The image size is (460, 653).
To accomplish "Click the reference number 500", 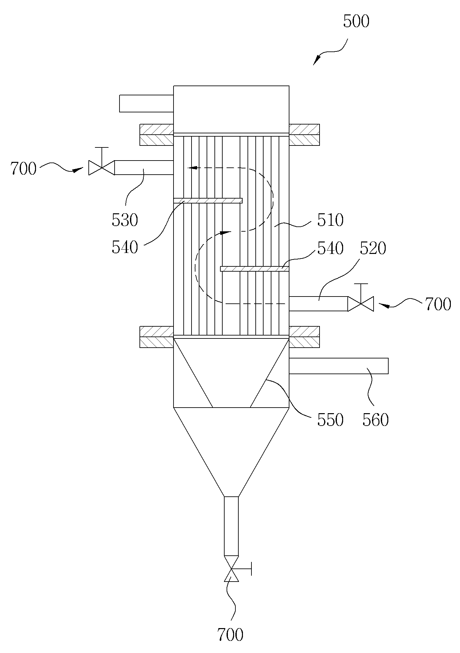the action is (x=356, y=21).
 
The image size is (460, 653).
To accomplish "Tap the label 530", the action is (x=125, y=220).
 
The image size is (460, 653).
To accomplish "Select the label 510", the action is (x=330, y=220).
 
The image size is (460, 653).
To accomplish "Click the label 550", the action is (x=330, y=420).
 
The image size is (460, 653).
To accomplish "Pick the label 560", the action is (x=376, y=420).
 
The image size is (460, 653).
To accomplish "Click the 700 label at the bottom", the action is (x=230, y=634).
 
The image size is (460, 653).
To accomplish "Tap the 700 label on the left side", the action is (x=23, y=169).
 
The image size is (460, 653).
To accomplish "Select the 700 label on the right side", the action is (x=438, y=304).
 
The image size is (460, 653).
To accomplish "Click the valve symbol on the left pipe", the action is (x=101, y=167).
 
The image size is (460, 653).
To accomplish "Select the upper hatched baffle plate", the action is (x=208, y=201).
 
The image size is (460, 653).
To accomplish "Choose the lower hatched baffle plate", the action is (x=255, y=269).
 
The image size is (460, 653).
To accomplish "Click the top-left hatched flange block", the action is (x=156, y=135).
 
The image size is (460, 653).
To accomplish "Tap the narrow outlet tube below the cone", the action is (x=231, y=526).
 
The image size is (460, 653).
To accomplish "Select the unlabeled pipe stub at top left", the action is (x=146, y=104).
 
